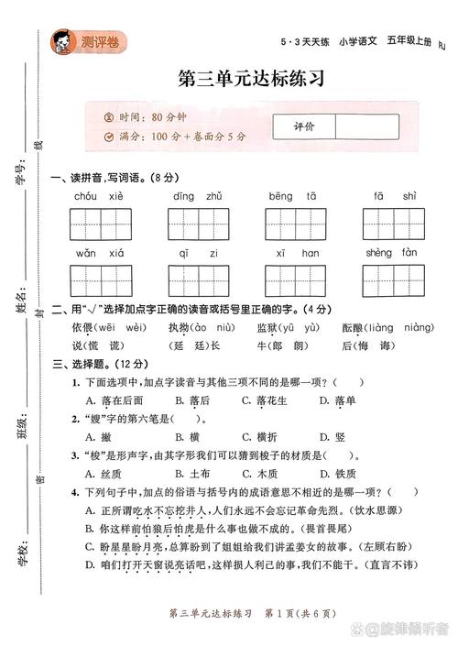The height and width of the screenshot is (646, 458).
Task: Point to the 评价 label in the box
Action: click(304, 126)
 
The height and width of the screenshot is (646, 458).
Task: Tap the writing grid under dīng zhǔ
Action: click(196, 224)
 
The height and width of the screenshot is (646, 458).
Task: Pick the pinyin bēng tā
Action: click(293, 196)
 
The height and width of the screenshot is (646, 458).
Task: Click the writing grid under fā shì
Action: click(393, 224)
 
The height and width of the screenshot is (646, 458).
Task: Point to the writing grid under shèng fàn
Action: click(393, 279)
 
